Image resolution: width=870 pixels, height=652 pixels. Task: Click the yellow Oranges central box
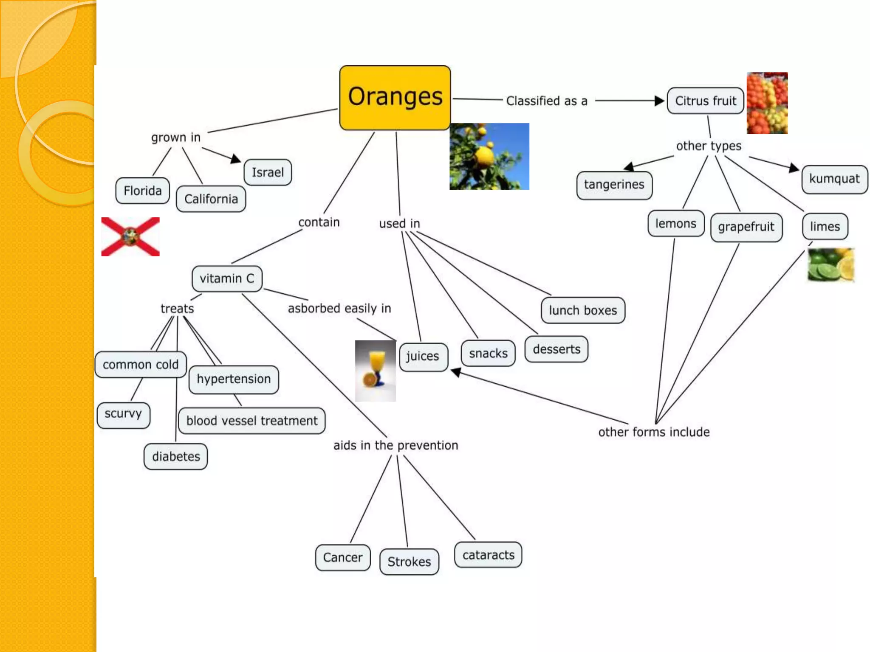click(x=395, y=97)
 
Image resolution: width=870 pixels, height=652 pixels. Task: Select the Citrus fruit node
click(x=705, y=101)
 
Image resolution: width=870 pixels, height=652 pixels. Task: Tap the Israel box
click(x=268, y=172)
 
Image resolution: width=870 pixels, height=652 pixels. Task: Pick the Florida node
click(x=142, y=191)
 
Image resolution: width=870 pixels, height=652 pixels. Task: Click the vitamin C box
click(x=227, y=278)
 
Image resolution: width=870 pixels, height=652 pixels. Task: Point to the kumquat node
click(x=834, y=179)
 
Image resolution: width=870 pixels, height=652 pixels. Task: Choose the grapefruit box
click(x=746, y=227)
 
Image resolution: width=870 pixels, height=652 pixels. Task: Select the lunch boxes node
click(x=582, y=310)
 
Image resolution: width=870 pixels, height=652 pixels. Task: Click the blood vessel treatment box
click(x=252, y=421)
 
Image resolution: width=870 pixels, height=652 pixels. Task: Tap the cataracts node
click(x=488, y=555)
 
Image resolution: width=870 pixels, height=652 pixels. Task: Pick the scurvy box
click(x=123, y=414)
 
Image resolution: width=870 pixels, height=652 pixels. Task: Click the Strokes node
click(x=409, y=562)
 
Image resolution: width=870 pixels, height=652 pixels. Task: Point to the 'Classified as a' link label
click(x=547, y=101)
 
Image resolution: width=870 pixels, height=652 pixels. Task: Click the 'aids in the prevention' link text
click(x=395, y=445)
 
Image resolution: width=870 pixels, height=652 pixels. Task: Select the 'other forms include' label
click(x=654, y=432)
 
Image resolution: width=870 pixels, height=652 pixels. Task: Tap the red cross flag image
click(x=130, y=237)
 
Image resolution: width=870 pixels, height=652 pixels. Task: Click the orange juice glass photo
click(x=376, y=371)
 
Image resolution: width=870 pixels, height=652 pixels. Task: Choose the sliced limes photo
click(x=830, y=265)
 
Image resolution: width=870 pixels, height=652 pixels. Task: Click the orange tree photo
click(x=489, y=156)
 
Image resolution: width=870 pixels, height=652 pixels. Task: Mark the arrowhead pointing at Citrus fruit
click(x=659, y=101)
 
